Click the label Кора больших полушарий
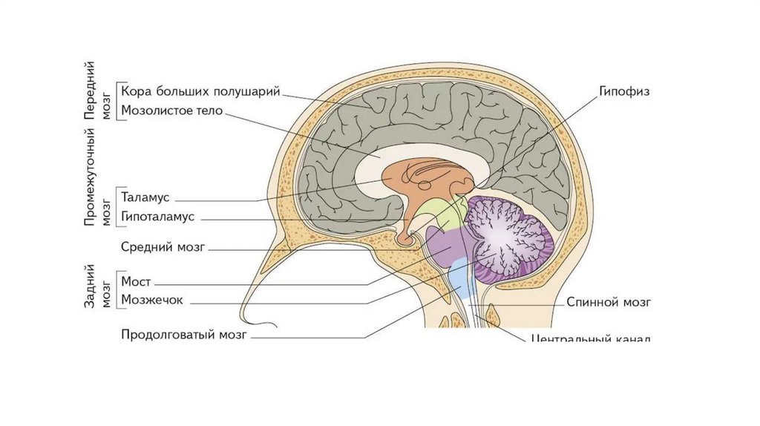200,93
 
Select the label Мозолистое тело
171,111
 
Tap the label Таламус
145,198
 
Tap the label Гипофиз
625,93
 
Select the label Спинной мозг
609,302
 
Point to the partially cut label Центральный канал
592,338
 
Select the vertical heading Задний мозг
96,285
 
